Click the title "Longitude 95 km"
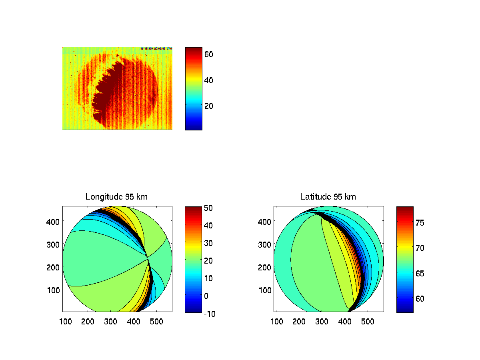point(114,197)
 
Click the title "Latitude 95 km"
point(328,197)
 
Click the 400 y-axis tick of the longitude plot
point(54,221)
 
